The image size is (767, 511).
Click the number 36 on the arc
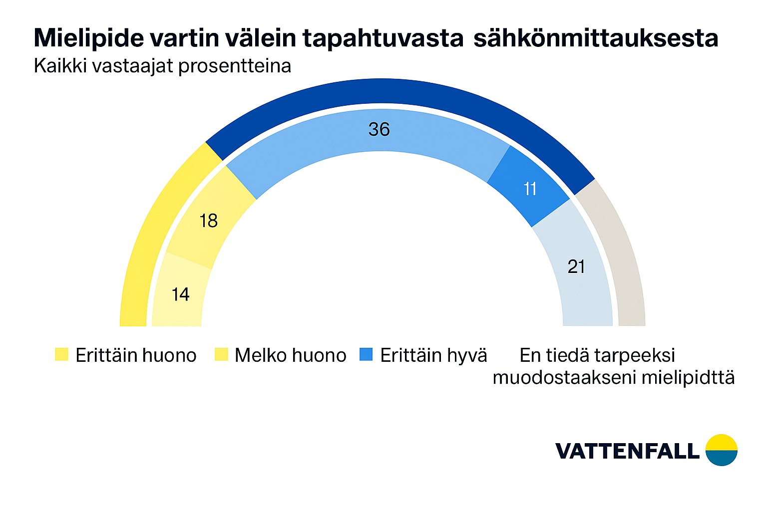pyautogui.click(x=379, y=129)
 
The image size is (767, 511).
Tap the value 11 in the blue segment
pyautogui.click(x=530, y=189)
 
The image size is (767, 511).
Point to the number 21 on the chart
pyautogui.click(x=576, y=266)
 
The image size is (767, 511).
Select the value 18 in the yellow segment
pyautogui.click(x=208, y=221)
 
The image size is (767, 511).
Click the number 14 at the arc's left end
pyautogui.click(x=180, y=294)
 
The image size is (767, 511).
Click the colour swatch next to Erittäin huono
pyautogui.click(x=61, y=355)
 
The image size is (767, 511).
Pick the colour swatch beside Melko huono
pyautogui.click(x=221, y=355)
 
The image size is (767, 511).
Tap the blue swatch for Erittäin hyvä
pyautogui.click(x=366, y=355)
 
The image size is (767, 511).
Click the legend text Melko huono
pyautogui.click(x=290, y=355)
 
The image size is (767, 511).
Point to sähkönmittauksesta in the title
pyautogui.click(x=596, y=38)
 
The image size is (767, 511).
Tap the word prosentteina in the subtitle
pyautogui.click(x=234, y=66)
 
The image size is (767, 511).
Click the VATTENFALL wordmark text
pyautogui.click(x=627, y=451)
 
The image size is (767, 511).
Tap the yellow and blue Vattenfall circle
pyautogui.click(x=721, y=450)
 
